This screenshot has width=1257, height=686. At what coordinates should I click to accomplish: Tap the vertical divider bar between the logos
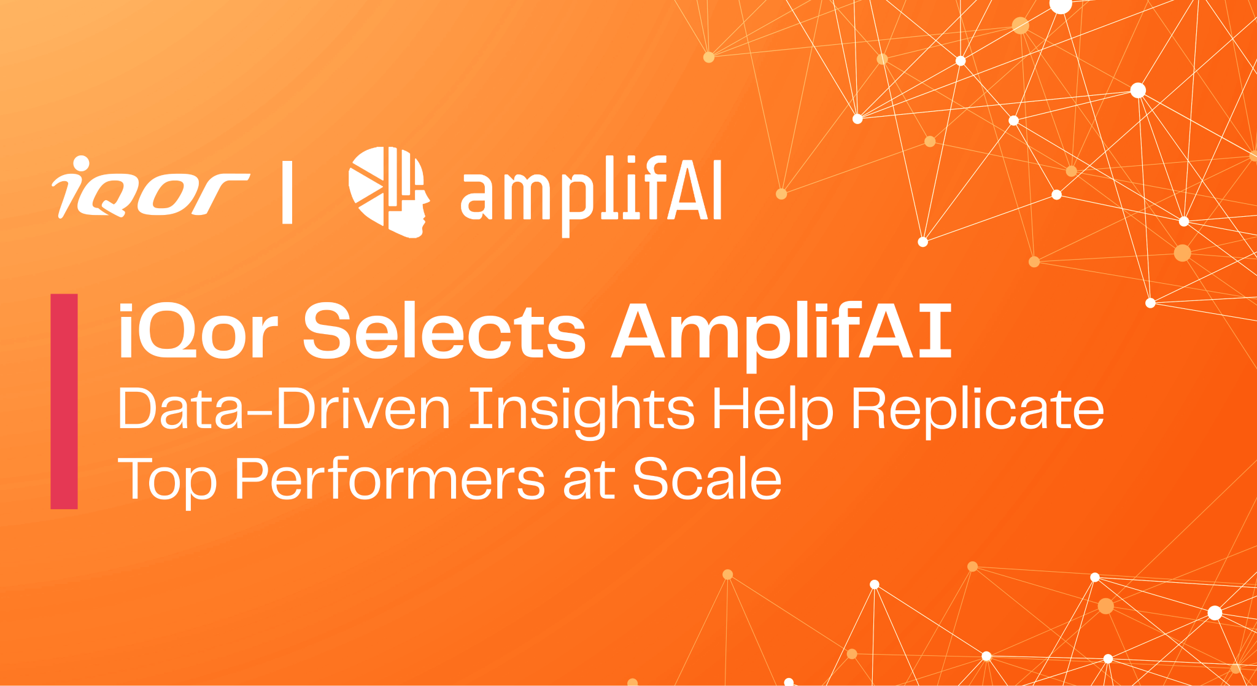tap(287, 192)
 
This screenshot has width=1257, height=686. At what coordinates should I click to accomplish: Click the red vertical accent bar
tap(64, 401)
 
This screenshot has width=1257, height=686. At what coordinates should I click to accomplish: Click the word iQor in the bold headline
tap(198, 332)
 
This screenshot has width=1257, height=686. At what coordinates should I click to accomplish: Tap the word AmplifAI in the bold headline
tap(781, 332)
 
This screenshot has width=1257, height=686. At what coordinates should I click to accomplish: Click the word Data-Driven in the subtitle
tap(284, 409)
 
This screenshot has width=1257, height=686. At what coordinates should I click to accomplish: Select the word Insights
tap(581, 409)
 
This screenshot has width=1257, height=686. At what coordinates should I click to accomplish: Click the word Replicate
tap(977, 409)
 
